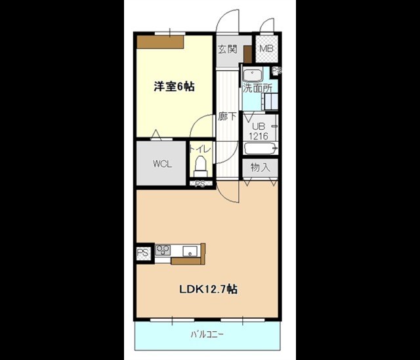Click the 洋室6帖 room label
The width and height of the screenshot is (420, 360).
(x=174, y=87)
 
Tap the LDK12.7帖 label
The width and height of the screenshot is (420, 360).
(x=208, y=289)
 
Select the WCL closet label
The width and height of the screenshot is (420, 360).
(x=162, y=164)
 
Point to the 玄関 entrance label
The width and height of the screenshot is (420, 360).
(x=228, y=49)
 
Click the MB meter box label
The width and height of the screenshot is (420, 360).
(x=266, y=49)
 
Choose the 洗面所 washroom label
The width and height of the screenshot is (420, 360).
(x=257, y=89)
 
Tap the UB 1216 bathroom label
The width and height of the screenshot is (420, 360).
(x=259, y=131)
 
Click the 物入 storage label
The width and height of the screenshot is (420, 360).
(x=260, y=167)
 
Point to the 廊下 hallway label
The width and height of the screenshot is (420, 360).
(x=227, y=117)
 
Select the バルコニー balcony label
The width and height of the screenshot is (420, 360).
(x=207, y=334)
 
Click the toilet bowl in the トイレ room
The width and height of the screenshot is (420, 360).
(x=201, y=167)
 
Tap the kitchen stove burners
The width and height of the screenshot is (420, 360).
(x=163, y=250)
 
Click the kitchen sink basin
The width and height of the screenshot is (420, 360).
(x=190, y=251)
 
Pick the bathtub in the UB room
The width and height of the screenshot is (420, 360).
(x=261, y=148)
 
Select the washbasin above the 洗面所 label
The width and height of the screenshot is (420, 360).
(x=252, y=75)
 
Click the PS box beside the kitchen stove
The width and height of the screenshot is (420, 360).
(x=143, y=252)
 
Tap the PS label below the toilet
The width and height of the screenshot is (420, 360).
(x=200, y=184)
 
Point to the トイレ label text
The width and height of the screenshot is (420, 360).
(x=200, y=149)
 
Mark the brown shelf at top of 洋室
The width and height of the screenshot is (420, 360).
(x=160, y=42)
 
